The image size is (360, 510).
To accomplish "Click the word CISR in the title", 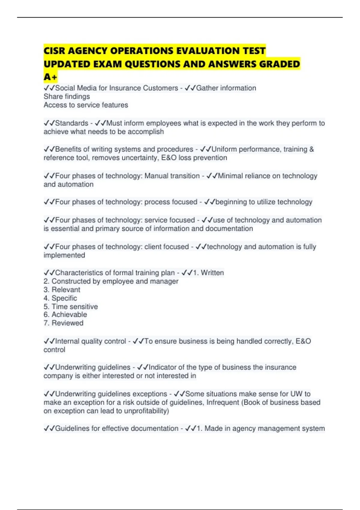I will point(55,51).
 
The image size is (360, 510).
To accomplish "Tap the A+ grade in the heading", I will point(50,77).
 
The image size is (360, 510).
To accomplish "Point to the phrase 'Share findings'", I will point(67,97).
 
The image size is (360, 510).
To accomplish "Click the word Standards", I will point(72,123).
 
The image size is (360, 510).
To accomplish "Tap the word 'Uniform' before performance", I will point(224,149).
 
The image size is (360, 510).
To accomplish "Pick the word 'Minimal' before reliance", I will point(230,176).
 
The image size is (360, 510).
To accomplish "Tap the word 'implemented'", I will point(64,255).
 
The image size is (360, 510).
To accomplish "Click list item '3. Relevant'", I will point(62,290).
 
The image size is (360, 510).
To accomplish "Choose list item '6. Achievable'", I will point(65,315).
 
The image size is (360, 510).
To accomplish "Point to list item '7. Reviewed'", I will point(63,323).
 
